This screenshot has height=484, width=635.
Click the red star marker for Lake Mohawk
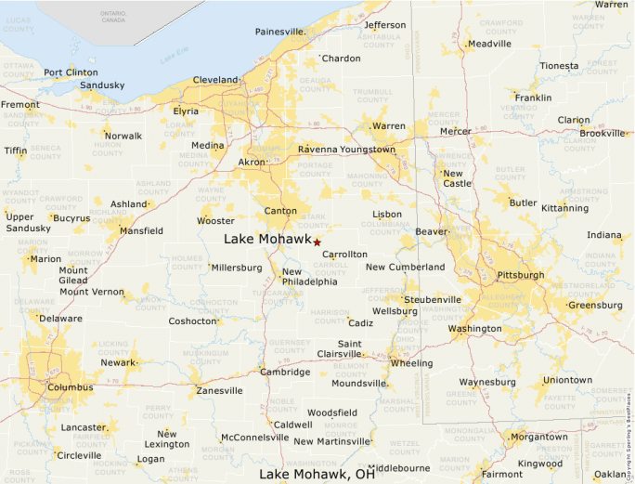point(317,242)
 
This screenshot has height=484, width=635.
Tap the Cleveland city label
point(215,80)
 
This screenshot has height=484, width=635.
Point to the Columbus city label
point(71,387)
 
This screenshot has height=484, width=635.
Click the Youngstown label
point(366,150)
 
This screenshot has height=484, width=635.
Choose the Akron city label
point(252,163)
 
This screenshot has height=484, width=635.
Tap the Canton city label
point(280,211)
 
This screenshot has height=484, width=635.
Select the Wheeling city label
point(411,363)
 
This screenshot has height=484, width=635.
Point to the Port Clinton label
point(71,72)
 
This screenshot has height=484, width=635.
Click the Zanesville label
point(219,391)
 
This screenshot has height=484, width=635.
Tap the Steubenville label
point(433,300)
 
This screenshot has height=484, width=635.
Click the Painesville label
point(280,32)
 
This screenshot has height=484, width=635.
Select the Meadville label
point(490,44)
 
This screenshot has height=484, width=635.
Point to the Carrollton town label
point(344,254)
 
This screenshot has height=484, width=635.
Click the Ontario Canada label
point(113,16)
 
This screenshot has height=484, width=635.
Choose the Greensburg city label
point(595,305)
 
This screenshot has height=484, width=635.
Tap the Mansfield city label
point(141,230)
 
